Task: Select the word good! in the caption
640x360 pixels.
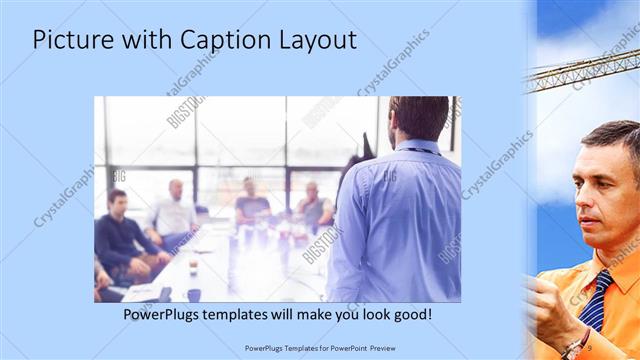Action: tap(410, 315)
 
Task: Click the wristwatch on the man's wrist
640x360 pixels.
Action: tap(573, 346)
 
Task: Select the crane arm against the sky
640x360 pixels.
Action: tap(580, 70)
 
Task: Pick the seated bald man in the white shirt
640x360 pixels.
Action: tap(176, 211)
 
